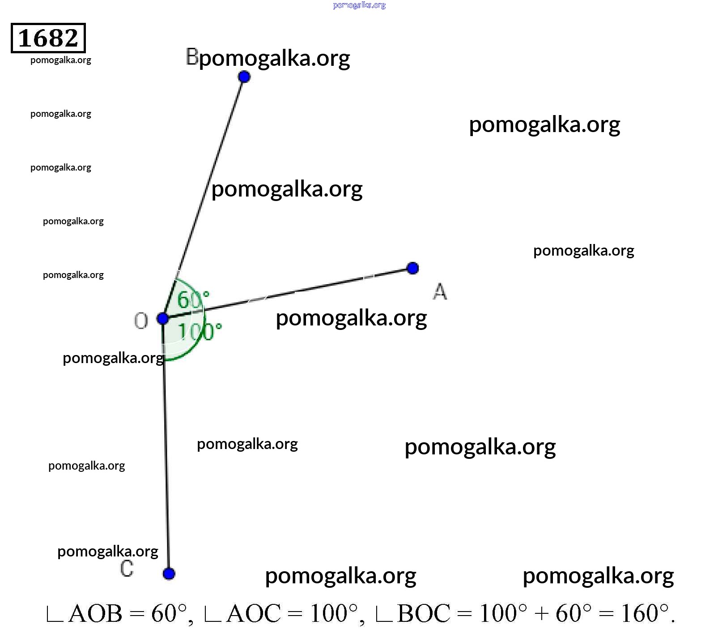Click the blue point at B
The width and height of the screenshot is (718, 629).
(244, 77)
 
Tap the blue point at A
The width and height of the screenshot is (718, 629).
(412, 268)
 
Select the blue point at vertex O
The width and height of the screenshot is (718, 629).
(162, 319)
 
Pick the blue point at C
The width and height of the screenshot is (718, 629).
(169, 573)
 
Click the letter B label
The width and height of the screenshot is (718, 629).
(192, 57)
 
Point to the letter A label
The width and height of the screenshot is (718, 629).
(440, 291)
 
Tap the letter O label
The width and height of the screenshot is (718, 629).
(141, 321)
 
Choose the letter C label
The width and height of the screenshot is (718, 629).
(127, 569)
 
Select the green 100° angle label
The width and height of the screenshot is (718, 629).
(200, 332)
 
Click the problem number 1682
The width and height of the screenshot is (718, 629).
(48, 38)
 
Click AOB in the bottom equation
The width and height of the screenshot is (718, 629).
(95, 613)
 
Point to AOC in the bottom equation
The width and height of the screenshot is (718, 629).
(254, 613)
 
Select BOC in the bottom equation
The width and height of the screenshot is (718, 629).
(424, 613)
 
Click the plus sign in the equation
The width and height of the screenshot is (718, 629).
(541, 614)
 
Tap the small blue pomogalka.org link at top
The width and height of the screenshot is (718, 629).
(359, 5)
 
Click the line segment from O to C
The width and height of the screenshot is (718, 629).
(166, 446)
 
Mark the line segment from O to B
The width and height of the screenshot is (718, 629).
(203, 198)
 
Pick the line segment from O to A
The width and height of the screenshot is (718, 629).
(288, 294)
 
